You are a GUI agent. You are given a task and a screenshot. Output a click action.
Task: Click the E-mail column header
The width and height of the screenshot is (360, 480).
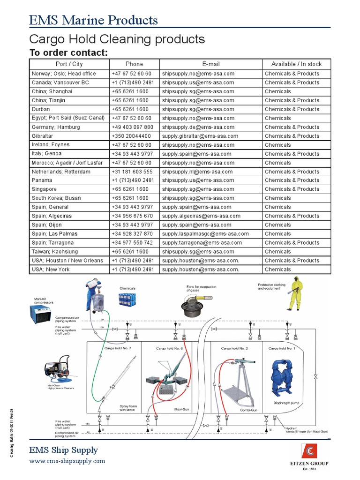tap(211, 64)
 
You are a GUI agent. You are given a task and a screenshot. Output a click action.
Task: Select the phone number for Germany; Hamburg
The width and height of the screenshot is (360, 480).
tap(132, 127)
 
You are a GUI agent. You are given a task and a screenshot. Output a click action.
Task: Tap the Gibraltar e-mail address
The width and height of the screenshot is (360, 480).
tap(200, 136)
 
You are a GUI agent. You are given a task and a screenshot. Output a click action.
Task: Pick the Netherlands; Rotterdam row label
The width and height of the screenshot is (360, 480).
tap(61, 172)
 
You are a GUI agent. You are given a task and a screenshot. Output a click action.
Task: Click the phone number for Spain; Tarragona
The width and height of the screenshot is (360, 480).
tap(132, 243)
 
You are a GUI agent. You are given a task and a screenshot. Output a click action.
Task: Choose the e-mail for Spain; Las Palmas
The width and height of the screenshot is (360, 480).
tap(205, 234)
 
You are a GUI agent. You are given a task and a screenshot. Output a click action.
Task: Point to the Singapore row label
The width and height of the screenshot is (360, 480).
tap(44, 189)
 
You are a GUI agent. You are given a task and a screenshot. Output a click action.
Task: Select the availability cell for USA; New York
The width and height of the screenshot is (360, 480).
tap(277, 270)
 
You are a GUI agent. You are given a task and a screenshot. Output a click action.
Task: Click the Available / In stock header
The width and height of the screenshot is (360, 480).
tap(296, 64)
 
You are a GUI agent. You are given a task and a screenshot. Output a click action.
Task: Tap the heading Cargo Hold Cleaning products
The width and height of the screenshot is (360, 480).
tap(117, 38)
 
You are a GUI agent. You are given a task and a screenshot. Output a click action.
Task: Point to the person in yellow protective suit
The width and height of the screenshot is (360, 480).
tap(294, 293)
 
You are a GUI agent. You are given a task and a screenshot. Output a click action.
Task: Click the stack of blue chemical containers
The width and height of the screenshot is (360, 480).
tap(127, 300)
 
